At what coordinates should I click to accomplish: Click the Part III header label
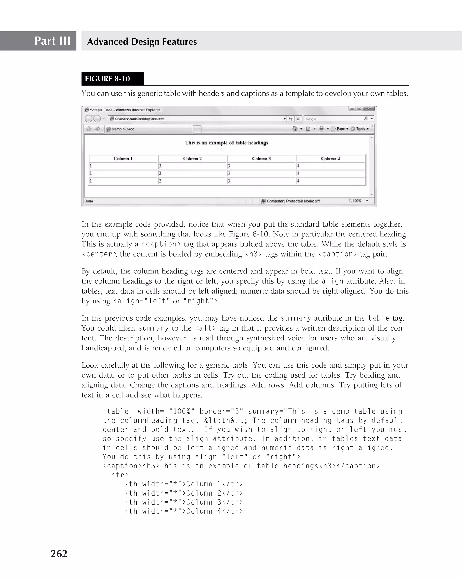click(52, 41)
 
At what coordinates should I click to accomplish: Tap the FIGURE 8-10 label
click(107, 79)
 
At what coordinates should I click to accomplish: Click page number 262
click(59, 554)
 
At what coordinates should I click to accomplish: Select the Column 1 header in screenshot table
click(123, 159)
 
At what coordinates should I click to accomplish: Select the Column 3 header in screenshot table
click(261, 159)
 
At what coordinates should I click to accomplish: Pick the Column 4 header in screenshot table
click(330, 159)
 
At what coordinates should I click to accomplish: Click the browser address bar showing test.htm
click(196, 119)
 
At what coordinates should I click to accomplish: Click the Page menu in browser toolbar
click(340, 129)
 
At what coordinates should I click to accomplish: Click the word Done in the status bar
click(89, 201)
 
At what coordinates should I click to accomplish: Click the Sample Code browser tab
click(123, 129)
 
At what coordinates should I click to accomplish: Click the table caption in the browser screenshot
click(226, 143)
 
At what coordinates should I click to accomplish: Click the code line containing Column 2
click(184, 493)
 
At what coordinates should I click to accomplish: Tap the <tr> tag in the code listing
click(120, 475)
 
